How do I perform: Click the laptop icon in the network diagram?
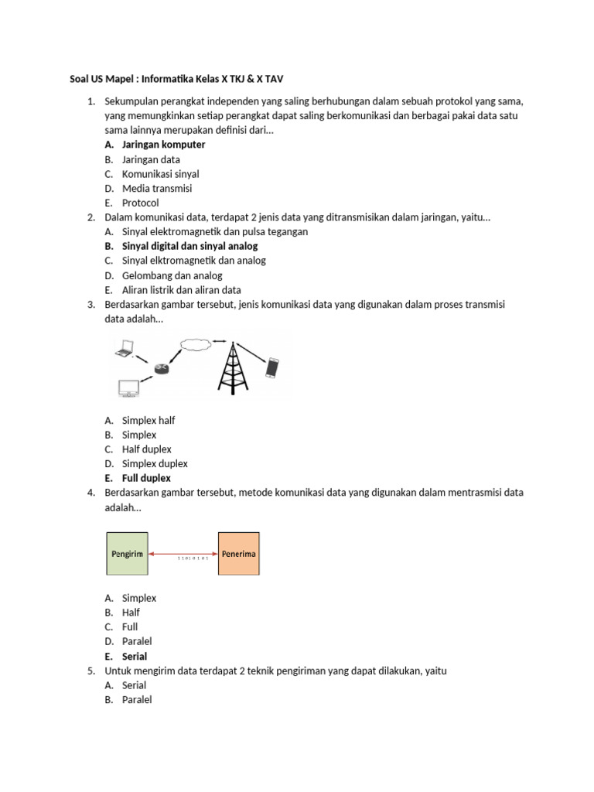point(123,350)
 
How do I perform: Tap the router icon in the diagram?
point(160,368)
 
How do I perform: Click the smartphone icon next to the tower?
point(271,367)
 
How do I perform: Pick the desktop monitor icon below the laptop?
point(128,387)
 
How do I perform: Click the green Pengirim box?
point(127,554)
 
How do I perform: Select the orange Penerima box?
point(239,554)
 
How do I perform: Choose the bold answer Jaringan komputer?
point(163,145)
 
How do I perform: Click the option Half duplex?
point(147,449)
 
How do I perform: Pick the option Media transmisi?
point(157,188)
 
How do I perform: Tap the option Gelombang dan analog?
point(172,275)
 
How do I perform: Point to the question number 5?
point(92,671)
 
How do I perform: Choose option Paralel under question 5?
point(137,700)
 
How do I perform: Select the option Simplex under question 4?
point(139,598)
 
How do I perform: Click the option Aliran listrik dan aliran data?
point(182,290)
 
